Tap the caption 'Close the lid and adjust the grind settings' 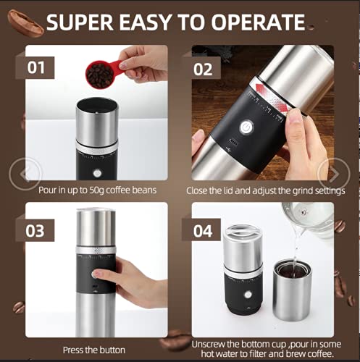pos(264,190)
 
